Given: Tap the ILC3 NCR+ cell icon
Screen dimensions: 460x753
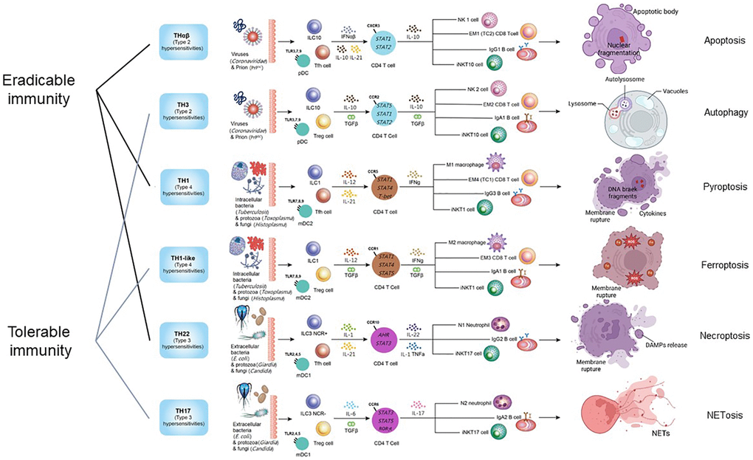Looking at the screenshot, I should tap(314, 322).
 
